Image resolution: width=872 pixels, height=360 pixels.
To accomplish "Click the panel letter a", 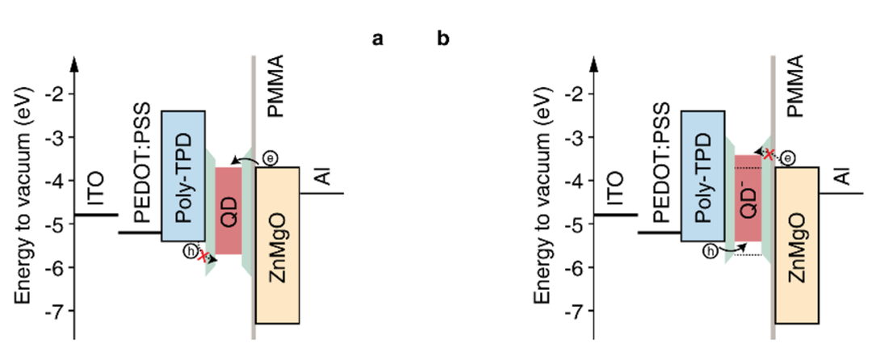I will (377, 39).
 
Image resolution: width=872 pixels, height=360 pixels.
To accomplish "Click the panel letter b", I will (443, 39).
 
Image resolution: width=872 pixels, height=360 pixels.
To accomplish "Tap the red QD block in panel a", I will (228, 211).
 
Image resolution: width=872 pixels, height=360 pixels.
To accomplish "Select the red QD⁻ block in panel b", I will (748, 199).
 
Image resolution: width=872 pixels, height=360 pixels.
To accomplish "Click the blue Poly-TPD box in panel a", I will (183, 177).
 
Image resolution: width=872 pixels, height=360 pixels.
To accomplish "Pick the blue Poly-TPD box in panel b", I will (702, 177).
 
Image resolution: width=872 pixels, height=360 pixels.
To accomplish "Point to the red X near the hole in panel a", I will (203, 257).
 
